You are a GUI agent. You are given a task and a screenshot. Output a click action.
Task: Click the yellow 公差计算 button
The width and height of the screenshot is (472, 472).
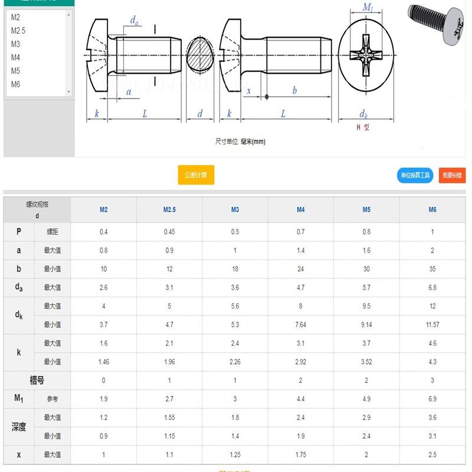click(196, 175)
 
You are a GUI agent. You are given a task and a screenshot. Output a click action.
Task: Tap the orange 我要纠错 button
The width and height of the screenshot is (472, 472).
click(452, 175)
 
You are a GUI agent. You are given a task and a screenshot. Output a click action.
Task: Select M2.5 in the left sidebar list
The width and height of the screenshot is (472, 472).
click(18, 31)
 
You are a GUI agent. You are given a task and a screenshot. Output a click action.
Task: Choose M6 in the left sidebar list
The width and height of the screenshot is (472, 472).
click(15, 84)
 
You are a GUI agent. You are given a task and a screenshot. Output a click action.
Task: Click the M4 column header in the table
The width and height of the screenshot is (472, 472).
click(301, 209)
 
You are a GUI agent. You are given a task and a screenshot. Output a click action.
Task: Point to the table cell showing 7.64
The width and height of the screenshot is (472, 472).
click(301, 324)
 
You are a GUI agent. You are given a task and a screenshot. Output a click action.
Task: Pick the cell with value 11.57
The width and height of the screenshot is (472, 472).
click(432, 324)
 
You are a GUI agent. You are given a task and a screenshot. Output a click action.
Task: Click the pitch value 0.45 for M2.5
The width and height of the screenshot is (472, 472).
click(169, 232)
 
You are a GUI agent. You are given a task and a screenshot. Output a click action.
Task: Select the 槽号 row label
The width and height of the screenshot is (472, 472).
click(37, 381)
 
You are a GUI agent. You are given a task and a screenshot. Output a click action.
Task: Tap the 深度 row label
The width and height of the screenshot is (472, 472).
click(19, 427)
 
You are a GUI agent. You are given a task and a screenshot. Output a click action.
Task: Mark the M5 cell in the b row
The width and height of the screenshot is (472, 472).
click(366, 269)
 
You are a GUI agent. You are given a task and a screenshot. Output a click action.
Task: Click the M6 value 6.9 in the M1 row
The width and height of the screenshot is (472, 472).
click(432, 399)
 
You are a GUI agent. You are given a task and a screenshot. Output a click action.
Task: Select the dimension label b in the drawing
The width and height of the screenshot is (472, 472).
click(294, 90)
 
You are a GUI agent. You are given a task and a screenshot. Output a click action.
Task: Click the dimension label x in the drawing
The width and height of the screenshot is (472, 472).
click(249, 91)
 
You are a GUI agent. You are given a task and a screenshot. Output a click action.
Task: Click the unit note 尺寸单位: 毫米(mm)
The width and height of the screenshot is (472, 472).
click(240, 142)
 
